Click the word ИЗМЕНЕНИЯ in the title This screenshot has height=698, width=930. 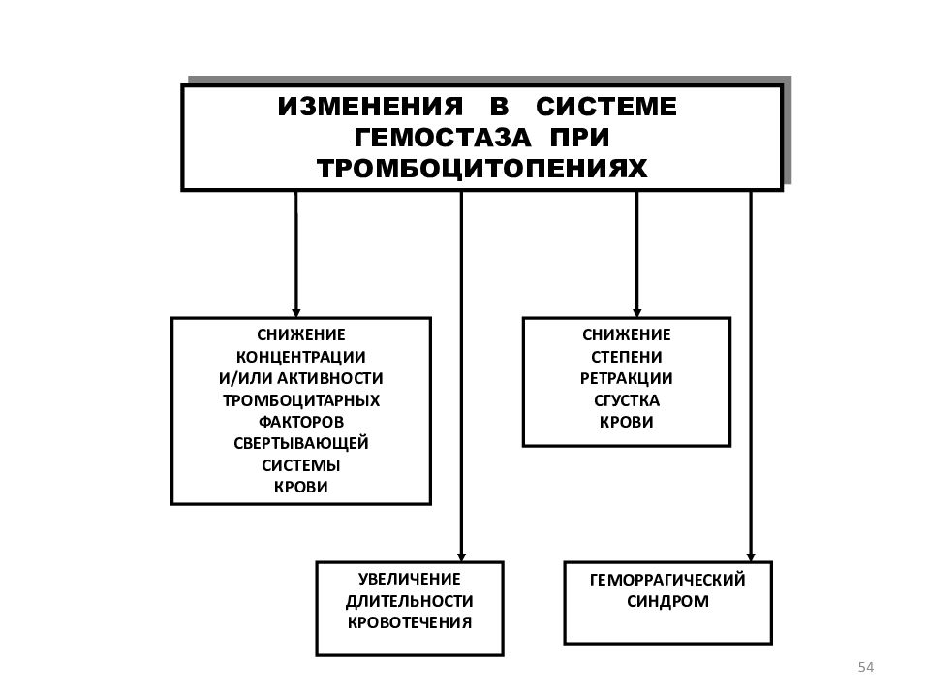point(370,107)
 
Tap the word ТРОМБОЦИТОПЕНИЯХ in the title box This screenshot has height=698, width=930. point(482,169)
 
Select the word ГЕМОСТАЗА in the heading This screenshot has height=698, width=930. point(442,138)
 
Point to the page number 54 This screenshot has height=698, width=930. point(866,667)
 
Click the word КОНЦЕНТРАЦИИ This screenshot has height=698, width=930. point(300,358)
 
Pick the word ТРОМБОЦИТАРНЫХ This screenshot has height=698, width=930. point(300,400)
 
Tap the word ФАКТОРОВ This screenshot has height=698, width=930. point(300,422)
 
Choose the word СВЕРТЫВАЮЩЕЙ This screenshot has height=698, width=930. point(300,443)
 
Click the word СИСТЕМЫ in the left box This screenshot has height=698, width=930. point(300,465)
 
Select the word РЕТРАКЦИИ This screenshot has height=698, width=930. point(627,379)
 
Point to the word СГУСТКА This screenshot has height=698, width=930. point(627,400)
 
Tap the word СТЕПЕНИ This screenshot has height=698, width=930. point(627,358)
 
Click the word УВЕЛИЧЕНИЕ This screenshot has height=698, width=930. point(409,580)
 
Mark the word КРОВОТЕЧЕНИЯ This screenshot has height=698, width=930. point(409,622)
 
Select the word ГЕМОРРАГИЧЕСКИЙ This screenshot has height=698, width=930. point(667,580)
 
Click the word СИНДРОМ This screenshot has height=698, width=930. point(667,601)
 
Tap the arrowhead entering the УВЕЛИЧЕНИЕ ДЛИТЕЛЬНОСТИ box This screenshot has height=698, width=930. point(461,556)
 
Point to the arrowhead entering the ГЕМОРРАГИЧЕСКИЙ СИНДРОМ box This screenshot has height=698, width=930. point(750,556)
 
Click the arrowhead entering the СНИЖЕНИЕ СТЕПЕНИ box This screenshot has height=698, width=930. point(637,313)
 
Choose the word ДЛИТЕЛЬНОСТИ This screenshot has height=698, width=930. point(409,601)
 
